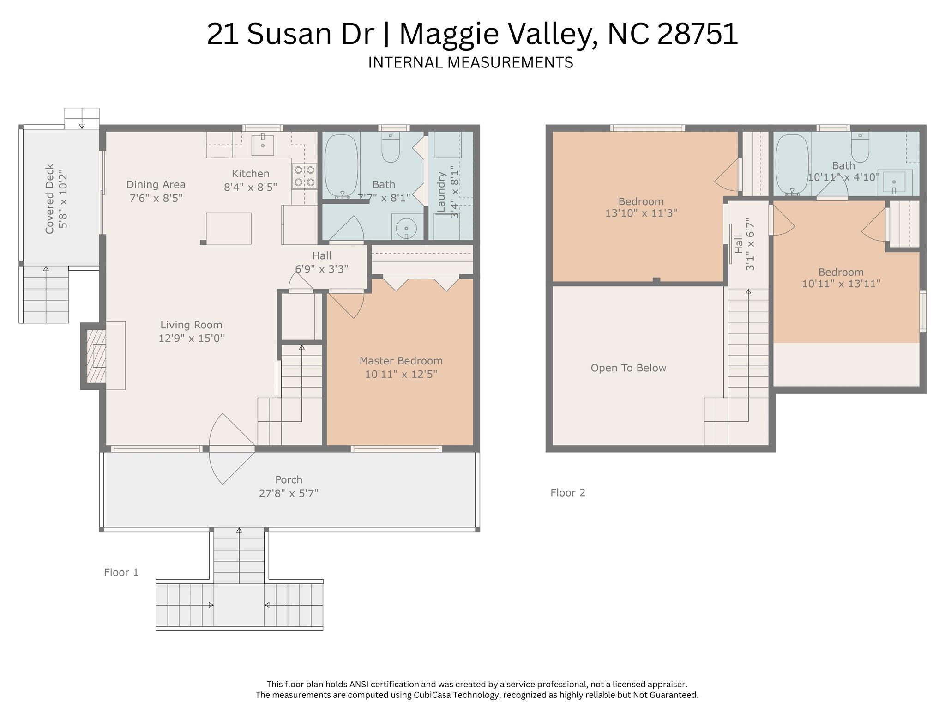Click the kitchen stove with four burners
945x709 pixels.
pos(304,176)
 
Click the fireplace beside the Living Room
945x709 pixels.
pos(97,356)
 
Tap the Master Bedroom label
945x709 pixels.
pos(401,361)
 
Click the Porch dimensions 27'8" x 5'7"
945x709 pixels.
pos(289,493)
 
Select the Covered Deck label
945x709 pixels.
pos(50,199)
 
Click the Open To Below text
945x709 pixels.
pos(628,368)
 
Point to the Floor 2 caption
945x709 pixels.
pos(567,493)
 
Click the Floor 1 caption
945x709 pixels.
pos(121,572)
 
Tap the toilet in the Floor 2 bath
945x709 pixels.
pos(860,146)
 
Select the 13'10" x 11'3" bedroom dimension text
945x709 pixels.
pos(641,213)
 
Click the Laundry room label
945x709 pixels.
pos(441,192)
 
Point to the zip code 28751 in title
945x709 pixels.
pos(698,34)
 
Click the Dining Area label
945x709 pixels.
pos(156,185)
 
